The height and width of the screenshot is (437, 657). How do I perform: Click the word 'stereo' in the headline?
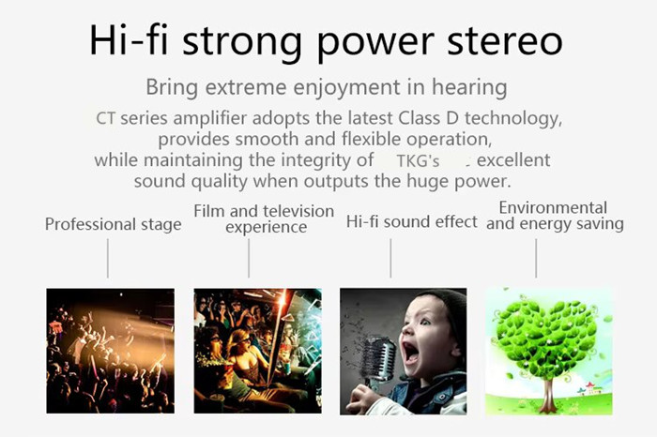point(505,41)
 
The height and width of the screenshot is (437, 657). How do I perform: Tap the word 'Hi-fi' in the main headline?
point(129,39)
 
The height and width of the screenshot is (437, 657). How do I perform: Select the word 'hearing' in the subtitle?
point(469,88)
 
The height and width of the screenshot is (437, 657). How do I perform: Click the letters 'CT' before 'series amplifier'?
point(105,118)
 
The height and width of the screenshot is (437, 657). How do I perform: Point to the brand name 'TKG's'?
point(418,160)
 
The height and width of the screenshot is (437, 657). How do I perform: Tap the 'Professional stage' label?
point(114,224)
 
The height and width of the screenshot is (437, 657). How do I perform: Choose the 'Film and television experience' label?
point(264,218)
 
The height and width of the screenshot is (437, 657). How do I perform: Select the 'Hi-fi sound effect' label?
point(411,221)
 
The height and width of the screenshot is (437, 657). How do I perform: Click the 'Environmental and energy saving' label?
point(555,216)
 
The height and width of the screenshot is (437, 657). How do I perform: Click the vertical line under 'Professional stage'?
point(108,258)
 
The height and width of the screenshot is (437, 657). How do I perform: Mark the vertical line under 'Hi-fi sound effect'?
point(390,258)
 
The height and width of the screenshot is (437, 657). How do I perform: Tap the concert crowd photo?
point(110,351)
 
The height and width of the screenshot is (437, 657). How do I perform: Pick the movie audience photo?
point(258,351)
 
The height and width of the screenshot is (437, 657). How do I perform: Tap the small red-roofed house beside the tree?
point(590,389)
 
